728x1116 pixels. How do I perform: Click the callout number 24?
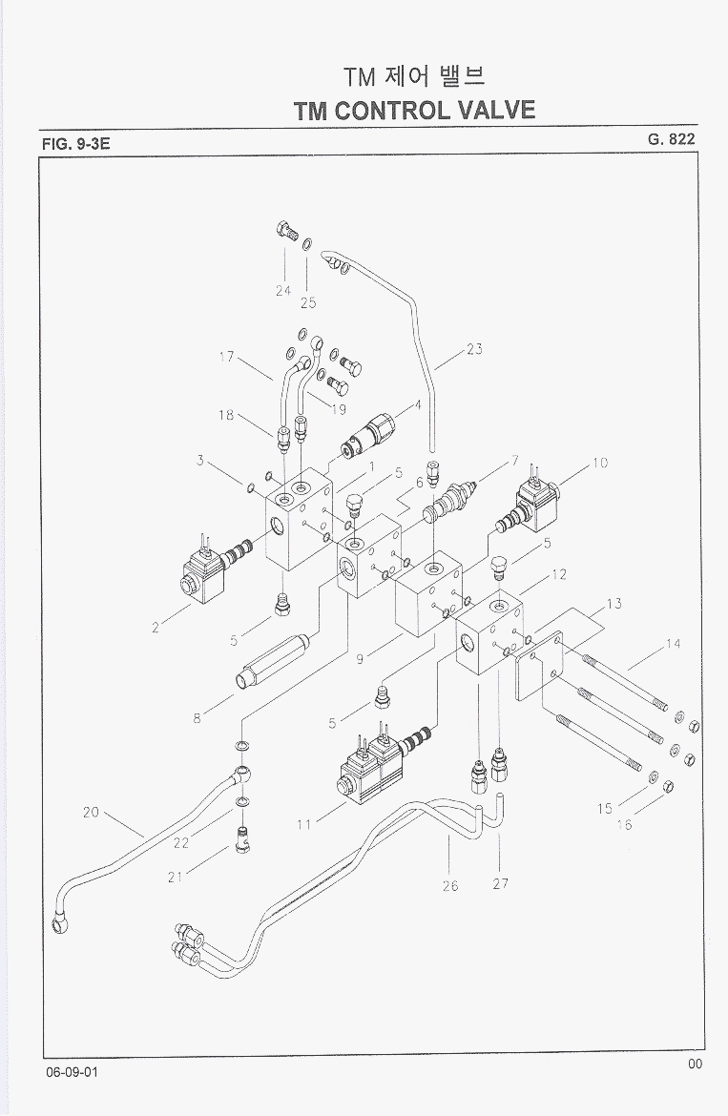(x=283, y=290)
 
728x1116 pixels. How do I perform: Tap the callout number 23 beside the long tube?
(x=473, y=349)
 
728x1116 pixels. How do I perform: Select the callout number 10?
(x=599, y=464)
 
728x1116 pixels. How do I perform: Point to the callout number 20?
(x=91, y=813)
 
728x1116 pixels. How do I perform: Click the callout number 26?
(x=450, y=885)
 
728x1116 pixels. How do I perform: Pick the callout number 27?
(x=500, y=884)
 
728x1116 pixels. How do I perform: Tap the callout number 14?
(x=674, y=644)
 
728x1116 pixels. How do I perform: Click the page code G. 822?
(x=671, y=138)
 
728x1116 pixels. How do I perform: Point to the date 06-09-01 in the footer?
(x=71, y=1072)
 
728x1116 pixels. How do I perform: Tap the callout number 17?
(x=226, y=357)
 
